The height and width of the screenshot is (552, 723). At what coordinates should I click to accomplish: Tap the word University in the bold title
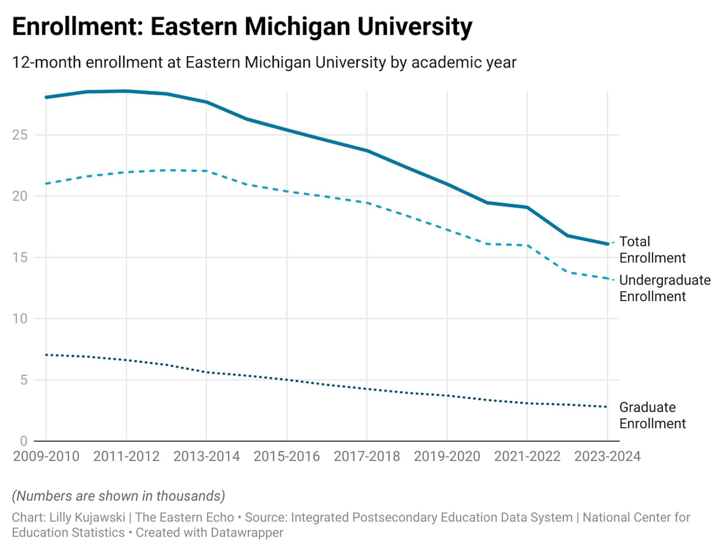tap(415, 27)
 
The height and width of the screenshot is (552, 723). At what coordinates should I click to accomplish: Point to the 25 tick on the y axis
tap(20, 135)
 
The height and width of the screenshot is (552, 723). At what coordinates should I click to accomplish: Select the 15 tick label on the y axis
tap(20, 258)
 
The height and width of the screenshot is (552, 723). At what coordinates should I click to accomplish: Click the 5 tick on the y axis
tap(24, 380)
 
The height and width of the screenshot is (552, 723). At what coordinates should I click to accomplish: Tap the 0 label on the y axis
tap(24, 441)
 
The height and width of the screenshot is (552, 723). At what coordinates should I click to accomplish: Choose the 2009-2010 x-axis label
tap(46, 457)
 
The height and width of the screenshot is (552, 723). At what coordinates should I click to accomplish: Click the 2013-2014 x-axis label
tap(206, 457)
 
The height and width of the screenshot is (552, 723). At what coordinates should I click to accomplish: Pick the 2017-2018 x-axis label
tap(367, 457)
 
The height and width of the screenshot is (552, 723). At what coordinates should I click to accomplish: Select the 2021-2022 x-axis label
tap(527, 457)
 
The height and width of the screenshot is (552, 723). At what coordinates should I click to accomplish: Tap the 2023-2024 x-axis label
tap(607, 457)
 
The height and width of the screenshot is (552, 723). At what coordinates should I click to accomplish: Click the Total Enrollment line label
tap(652, 250)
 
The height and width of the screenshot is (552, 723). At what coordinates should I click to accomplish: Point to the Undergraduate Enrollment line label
tap(664, 288)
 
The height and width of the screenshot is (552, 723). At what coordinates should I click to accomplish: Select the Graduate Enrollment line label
tap(652, 415)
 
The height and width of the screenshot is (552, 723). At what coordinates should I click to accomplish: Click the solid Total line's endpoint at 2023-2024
tap(607, 244)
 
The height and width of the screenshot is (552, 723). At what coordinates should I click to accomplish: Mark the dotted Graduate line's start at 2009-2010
tap(47, 355)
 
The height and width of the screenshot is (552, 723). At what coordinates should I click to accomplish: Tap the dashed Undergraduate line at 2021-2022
tap(527, 245)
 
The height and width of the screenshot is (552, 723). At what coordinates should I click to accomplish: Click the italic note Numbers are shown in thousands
tap(119, 496)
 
